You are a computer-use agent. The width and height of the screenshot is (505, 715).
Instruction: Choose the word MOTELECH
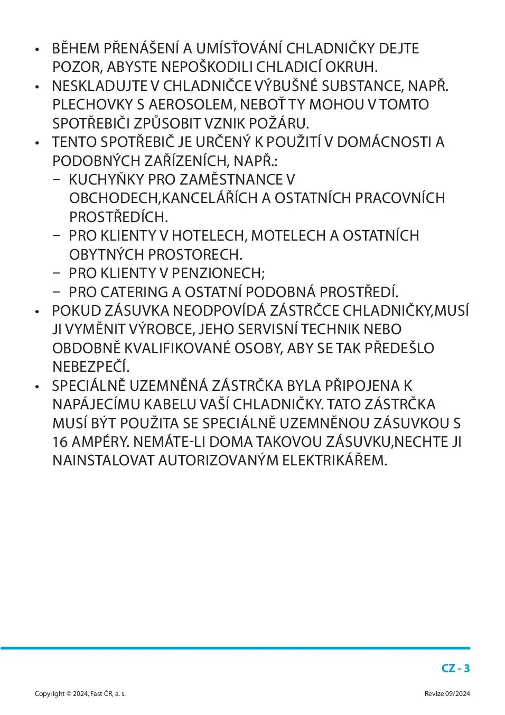[288, 236]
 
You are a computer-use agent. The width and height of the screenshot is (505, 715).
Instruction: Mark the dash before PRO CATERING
[57, 292]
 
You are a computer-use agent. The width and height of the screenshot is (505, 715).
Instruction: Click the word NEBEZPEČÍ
[90, 367]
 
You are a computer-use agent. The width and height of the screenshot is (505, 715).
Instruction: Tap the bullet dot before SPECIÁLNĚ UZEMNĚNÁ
[37, 387]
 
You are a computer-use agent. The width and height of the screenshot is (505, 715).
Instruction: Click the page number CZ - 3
[455, 668]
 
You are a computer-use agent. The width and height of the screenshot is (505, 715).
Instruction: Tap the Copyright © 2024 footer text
[80, 694]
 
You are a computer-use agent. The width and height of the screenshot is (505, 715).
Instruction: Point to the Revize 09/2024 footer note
[447, 694]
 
